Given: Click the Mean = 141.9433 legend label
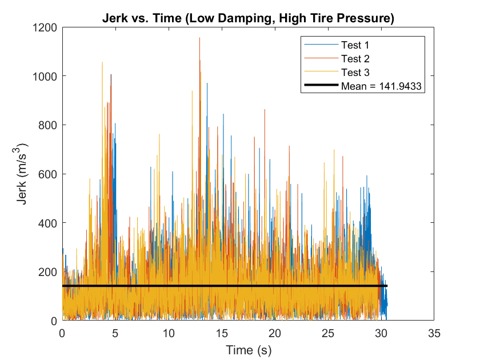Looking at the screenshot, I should (381, 87).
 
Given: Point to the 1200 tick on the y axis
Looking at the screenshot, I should (45, 27).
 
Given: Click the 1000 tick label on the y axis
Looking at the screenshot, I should (45, 76).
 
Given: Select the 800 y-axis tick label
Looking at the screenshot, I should (48, 125).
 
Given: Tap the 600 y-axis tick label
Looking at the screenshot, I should (48, 174).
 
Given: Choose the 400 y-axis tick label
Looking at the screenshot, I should (48, 223).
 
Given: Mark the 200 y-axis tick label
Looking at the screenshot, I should (48, 272).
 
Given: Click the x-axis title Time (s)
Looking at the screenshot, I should (247, 349).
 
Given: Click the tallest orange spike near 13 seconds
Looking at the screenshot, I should (199, 39).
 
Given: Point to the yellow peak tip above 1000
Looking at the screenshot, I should (102, 62).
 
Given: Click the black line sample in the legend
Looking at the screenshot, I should (321, 87).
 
